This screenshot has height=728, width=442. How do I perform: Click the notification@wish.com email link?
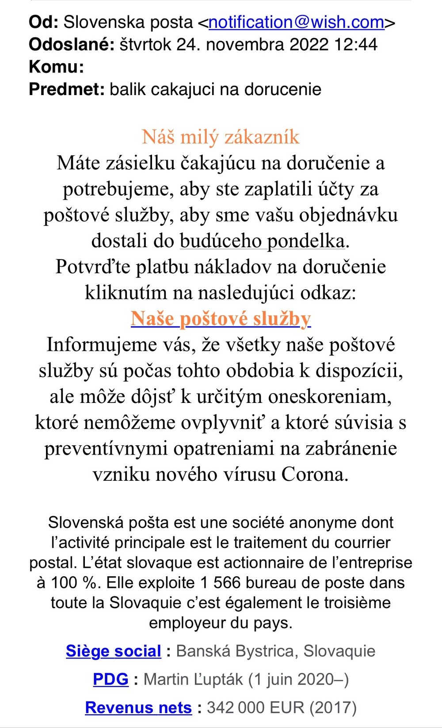pos(296,22)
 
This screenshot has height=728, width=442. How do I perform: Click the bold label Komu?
pos(56,67)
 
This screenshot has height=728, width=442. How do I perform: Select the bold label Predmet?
pos(67,89)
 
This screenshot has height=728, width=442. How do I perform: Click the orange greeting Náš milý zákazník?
pos(221,137)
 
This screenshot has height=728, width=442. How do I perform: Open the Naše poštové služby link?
pos(221,318)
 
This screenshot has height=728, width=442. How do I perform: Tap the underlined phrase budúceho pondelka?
pos(262,241)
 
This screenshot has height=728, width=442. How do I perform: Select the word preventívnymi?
pos(106,448)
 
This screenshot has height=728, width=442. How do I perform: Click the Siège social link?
pos(114,651)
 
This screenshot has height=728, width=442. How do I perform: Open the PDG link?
pos(110,679)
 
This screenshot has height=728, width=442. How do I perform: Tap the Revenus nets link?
pos(138,708)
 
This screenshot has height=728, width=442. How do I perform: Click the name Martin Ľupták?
pos(193,679)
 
